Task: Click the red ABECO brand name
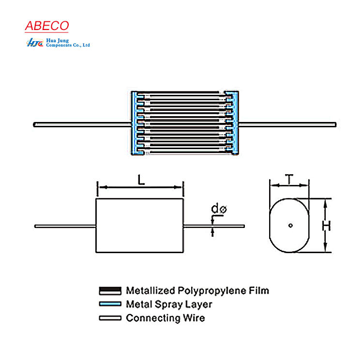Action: click(47, 26)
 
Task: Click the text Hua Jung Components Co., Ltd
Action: click(67, 43)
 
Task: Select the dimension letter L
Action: click(140, 180)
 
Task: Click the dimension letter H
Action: click(327, 226)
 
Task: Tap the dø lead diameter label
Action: click(219, 209)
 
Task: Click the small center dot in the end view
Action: click(289, 225)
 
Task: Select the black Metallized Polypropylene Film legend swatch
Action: click(110, 291)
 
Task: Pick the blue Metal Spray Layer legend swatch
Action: click(110, 304)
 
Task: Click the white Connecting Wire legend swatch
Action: click(110, 318)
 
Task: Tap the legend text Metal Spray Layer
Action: click(169, 304)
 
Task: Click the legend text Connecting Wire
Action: click(165, 318)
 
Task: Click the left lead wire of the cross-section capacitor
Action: click(82, 124)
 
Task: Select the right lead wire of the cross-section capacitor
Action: click(287, 124)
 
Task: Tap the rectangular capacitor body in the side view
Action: click(140, 226)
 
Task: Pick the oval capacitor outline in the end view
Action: click(271, 226)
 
